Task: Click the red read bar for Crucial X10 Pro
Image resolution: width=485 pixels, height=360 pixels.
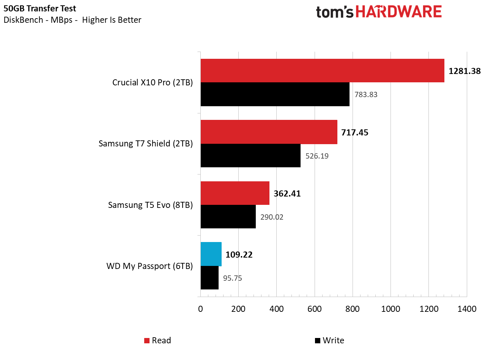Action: (322, 71)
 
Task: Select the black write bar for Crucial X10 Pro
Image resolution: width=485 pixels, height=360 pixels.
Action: (275, 94)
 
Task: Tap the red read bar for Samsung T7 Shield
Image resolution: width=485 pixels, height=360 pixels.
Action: (269, 132)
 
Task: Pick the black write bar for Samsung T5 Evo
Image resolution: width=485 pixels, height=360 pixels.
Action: (228, 217)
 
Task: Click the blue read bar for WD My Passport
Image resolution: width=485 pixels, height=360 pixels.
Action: (211, 254)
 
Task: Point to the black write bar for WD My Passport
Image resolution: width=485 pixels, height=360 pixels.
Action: (209, 278)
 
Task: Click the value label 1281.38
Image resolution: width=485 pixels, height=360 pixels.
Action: (465, 71)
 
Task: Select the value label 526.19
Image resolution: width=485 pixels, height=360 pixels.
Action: (317, 156)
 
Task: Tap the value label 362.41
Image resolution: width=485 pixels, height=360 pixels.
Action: (287, 194)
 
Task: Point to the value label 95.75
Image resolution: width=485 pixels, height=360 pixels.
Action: (232, 278)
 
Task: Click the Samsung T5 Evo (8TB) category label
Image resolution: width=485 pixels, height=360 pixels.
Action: (150, 205)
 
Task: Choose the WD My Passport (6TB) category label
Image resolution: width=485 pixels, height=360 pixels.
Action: (150, 266)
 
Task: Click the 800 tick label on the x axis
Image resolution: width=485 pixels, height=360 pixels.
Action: (353, 309)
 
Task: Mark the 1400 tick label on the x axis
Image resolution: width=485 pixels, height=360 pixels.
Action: (467, 309)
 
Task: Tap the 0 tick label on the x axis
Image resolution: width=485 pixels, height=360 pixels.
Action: (200, 309)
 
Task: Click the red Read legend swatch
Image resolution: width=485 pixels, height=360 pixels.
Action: (147, 341)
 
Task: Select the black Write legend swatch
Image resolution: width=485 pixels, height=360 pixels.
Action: (318, 341)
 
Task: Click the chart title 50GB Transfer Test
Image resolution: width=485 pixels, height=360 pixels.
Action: (40, 8)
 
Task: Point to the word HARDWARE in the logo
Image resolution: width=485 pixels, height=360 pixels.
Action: (398, 12)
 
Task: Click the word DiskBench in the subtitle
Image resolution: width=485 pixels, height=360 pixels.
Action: (24, 20)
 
